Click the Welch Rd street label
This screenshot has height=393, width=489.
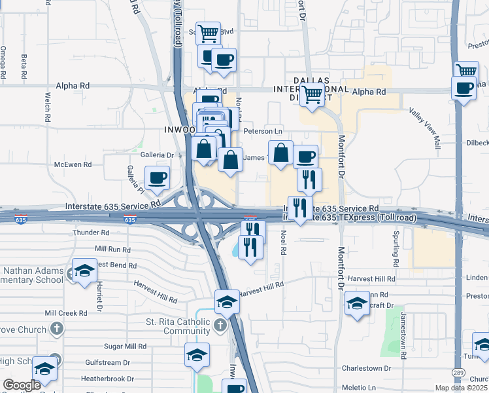[48, 109]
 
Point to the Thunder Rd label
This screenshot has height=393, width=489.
[90, 233]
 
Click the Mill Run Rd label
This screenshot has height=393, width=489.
[112, 249]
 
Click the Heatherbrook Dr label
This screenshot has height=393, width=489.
[107, 379]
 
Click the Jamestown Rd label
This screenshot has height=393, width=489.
[404, 335]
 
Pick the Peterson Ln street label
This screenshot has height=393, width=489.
[262, 131]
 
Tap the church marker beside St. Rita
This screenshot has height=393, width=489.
[221, 325]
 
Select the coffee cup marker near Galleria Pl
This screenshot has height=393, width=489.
[157, 178]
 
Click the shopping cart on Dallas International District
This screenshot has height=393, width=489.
[312, 95]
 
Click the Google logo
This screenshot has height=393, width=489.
[22, 385]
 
